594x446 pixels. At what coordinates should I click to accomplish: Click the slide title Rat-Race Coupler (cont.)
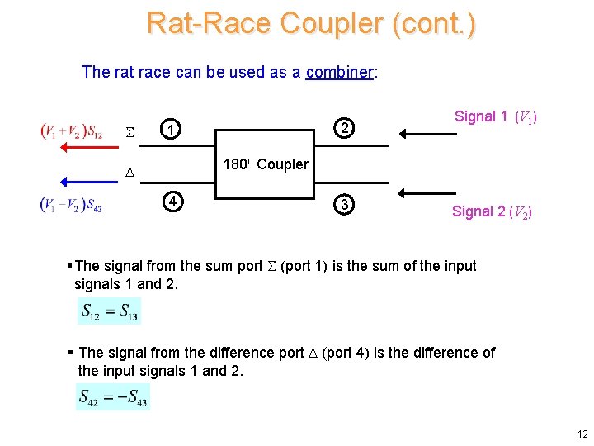click(x=311, y=23)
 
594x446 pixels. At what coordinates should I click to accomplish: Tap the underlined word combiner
click(x=340, y=72)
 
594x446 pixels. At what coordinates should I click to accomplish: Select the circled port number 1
click(x=168, y=130)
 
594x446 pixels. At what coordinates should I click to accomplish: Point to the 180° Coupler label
click(x=266, y=164)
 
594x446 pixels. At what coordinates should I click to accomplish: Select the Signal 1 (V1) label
click(x=496, y=117)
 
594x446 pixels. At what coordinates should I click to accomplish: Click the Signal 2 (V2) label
click(x=492, y=212)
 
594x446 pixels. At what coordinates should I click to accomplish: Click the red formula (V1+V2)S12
click(x=72, y=130)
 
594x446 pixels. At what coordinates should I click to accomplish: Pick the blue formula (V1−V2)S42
click(x=71, y=205)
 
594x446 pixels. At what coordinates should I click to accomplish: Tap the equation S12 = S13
click(x=109, y=311)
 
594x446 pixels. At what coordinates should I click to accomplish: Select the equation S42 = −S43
click(x=113, y=396)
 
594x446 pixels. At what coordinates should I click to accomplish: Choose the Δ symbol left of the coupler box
click(x=128, y=172)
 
